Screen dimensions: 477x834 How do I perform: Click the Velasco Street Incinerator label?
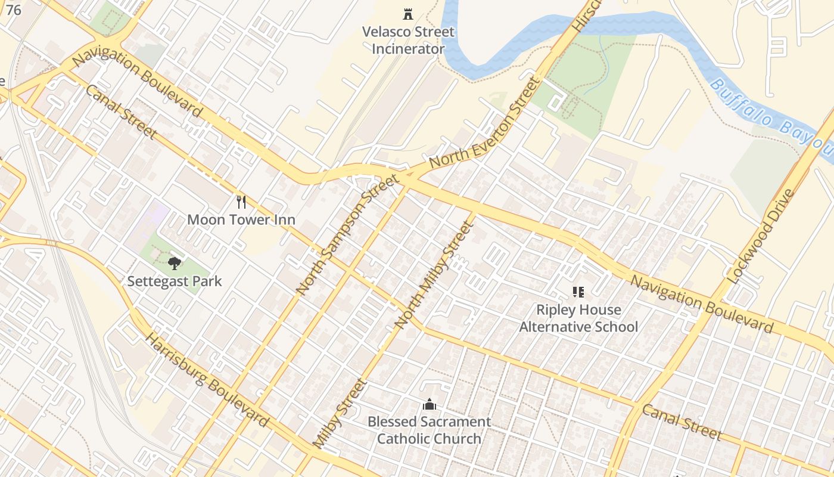[408, 40]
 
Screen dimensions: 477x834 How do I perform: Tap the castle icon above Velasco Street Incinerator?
[408, 14]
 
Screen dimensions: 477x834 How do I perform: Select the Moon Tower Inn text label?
[241, 219]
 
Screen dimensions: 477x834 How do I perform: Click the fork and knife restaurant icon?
[241, 202]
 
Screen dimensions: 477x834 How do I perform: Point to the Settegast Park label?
[175, 281]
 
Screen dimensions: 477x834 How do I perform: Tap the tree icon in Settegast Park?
[174, 263]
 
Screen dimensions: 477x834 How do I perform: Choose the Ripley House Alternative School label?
[578, 318]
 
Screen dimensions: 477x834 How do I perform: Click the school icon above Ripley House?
[578, 292]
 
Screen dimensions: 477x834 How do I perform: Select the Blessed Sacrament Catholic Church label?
[429, 430]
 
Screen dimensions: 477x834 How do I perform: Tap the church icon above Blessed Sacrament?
[429, 405]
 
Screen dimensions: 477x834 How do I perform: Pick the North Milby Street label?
[434, 275]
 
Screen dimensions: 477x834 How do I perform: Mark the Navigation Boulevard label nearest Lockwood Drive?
[702, 303]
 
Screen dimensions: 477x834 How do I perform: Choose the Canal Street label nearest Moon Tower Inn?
[122, 111]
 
